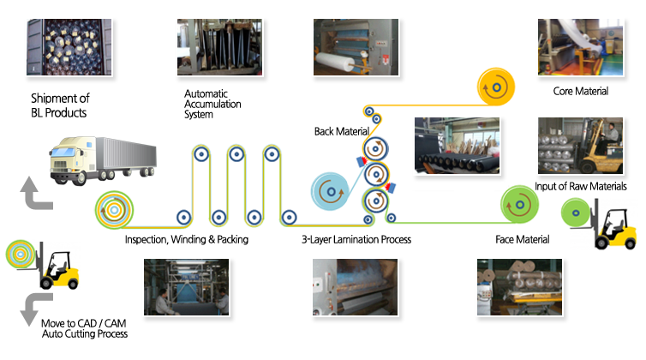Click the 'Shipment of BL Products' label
click(59, 105)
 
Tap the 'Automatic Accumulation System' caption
click(212, 104)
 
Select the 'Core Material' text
click(581, 91)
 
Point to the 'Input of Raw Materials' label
click(581, 186)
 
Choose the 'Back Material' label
click(341, 131)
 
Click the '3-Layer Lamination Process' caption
click(356, 240)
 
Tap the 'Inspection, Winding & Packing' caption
click(186, 240)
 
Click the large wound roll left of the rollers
click(115, 211)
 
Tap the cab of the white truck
click(69, 162)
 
